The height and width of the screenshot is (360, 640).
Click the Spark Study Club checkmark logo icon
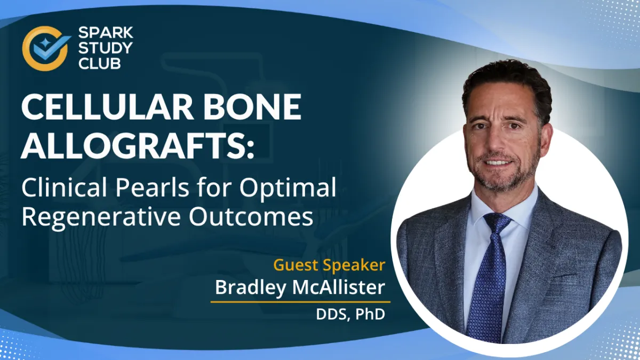point(46,48)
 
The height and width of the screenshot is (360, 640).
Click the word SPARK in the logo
point(106,33)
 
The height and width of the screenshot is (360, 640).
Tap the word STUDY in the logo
point(106,48)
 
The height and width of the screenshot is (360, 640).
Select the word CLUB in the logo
point(99,63)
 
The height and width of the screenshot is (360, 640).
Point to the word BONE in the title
point(252,107)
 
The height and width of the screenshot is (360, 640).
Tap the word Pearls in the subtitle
point(152,187)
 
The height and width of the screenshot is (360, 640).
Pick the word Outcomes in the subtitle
point(251,217)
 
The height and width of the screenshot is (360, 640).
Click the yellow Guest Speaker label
point(329,265)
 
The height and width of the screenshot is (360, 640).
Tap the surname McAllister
point(338,287)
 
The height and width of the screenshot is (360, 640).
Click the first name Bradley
point(250,288)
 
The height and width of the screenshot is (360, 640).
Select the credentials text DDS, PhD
point(350,314)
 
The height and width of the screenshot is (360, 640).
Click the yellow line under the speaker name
point(300,302)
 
